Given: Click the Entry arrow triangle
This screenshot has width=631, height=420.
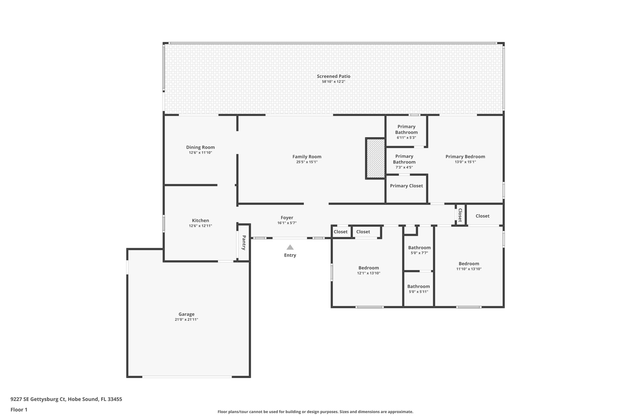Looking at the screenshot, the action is [x=290, y=247].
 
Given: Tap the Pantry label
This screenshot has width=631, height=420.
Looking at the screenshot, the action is [x=244, y=242].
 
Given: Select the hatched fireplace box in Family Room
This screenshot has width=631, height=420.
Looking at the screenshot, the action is [x=376, y=158].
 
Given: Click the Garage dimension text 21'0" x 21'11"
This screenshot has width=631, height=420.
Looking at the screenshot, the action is [x=186, y=320].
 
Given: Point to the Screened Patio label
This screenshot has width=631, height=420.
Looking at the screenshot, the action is [x=334, y=76].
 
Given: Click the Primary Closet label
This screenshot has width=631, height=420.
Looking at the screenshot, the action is [x=407, y=186].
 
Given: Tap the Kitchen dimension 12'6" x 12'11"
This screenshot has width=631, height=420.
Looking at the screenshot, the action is [x=200, y=226].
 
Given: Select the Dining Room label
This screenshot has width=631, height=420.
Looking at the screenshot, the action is [x=200, y=147].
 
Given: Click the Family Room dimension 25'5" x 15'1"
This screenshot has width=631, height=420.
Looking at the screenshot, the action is [x=307, y=162].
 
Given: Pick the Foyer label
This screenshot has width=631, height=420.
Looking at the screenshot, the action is [x=287, y=218].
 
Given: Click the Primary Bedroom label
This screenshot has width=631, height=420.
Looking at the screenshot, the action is [x=465, y=157].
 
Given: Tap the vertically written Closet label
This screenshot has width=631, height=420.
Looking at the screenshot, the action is [x=460, y=215].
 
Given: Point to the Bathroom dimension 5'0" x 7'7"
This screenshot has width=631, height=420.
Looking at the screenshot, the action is [x=419, y=253].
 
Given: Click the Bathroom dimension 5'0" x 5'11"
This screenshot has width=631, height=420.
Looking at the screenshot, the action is [x=418, y=292].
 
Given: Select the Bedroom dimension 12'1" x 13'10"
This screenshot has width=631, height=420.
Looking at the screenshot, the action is [x=369, y=273].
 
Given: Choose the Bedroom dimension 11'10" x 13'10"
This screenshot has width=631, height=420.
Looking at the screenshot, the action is [x=469, y=269].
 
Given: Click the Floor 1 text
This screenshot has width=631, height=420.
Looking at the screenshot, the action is [x=19, y=409].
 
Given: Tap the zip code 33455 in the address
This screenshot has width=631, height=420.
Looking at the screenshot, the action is [x=115, y=399].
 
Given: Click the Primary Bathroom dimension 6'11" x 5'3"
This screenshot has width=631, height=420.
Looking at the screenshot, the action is [x=407, y=137].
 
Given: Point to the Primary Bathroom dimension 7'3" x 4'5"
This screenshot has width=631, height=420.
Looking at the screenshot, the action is [x=404, y=167].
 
